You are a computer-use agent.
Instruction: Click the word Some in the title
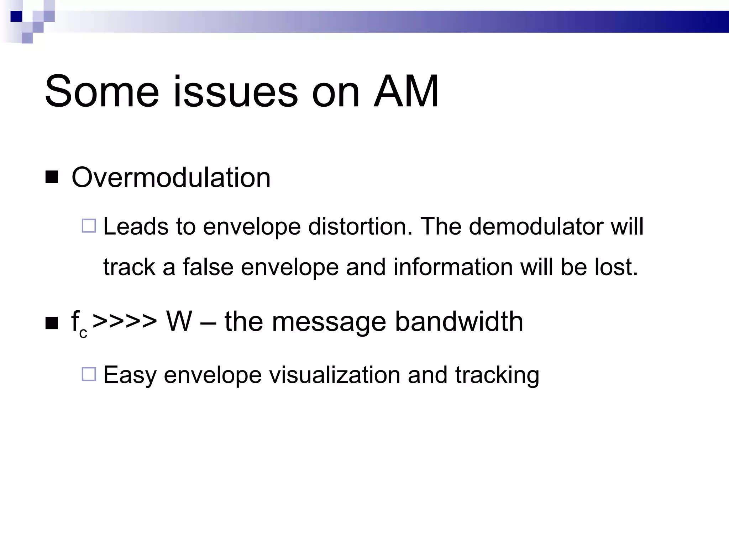click(x=101, y=92)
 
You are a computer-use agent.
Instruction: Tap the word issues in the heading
click(x=235, y=92)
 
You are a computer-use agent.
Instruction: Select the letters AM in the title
click(x=406, y=92)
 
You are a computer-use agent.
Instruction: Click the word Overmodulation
click(x=171, y=177)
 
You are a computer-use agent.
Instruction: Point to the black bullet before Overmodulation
click(x=52, y=177)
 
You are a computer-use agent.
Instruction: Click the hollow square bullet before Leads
click(x=89, y=226)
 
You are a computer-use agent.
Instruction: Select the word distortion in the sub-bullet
click(x=360, y=226)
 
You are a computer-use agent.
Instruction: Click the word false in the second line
click(x=208, y=267)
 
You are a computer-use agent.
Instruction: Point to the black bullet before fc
click(x=52, y=323)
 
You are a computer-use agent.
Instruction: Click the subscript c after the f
click(x=83, y=333)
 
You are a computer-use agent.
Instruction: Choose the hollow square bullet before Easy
click(x=89, y=374)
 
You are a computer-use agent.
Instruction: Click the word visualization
click(x=334, y=375)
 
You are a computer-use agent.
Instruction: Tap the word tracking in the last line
click(x=497, y=375)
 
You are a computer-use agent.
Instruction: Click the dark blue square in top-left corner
click(x=16, y=16)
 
